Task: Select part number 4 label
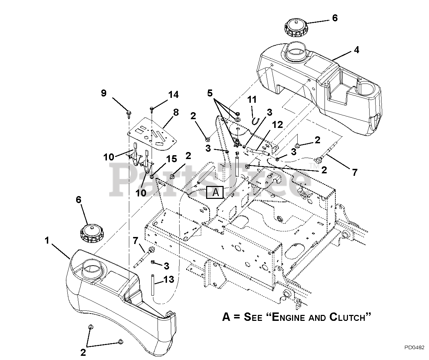pyautogui.click(x=356, y=50)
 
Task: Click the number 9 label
pyautogui.click(x=103, y=93)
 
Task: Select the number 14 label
pyautogui.click(x=174, y=94)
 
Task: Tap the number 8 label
pyautogui.click(x=176, y=113)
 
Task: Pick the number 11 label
pyautogui.click(x=252, y=99)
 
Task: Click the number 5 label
pyautogui.click(x=210, y=93)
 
